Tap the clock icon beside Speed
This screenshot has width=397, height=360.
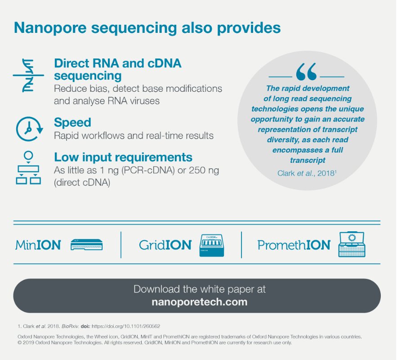point(29,128)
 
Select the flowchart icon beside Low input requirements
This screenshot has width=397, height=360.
point(28,168)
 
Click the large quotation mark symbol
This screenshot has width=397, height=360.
point(306,72)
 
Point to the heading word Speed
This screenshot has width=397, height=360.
point(72,122)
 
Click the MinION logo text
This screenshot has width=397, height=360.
point(38,245)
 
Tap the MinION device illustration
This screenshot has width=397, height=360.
point(87,244)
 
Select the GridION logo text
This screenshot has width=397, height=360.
point(165,245)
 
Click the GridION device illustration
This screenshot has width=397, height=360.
point(211,245)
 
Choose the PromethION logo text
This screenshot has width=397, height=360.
point(294,245)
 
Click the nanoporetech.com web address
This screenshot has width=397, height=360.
point(199,302)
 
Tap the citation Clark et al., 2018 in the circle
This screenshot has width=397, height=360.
point(307,172)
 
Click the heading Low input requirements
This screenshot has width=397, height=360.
point(123,157)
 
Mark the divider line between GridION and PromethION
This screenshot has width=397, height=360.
point(242,245)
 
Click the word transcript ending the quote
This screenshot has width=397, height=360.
point(307,160)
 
